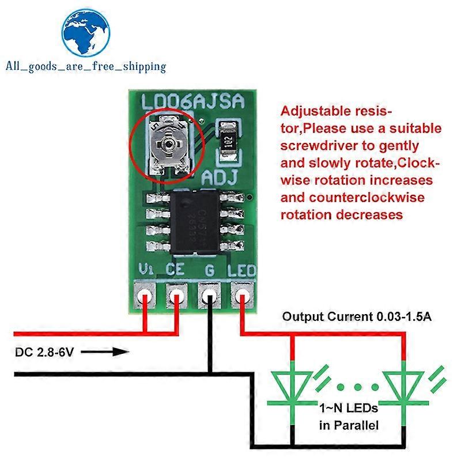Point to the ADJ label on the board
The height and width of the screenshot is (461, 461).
coord(220,178)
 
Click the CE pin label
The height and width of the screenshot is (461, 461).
coord(176,270)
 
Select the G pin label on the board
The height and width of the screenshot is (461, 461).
coord(209,270)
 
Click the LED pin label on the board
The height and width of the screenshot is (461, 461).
coord(240,270)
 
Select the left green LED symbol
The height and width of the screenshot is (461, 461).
coord(293,381)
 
